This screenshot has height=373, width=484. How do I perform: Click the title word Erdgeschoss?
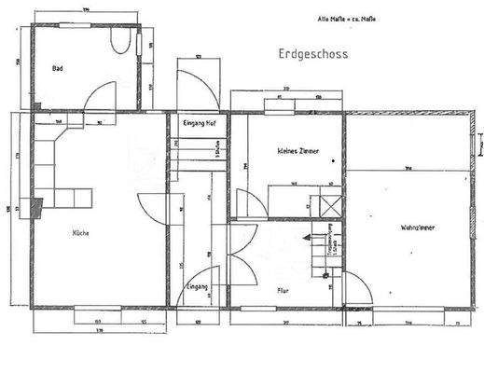pyautogui.click(x=311, y=54)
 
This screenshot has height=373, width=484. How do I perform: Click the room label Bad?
pyautogui.click(x=58, y=68)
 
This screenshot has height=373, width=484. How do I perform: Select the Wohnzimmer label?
pyautogui.click(x=419, y=227)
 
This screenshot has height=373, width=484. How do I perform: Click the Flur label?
pyautogui.click(x=283, y=290)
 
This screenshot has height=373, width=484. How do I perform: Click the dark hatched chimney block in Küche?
pyautogui.click(x=36, y=208)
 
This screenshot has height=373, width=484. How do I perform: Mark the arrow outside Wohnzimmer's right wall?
pyautogui.click(x=478, y=145)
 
